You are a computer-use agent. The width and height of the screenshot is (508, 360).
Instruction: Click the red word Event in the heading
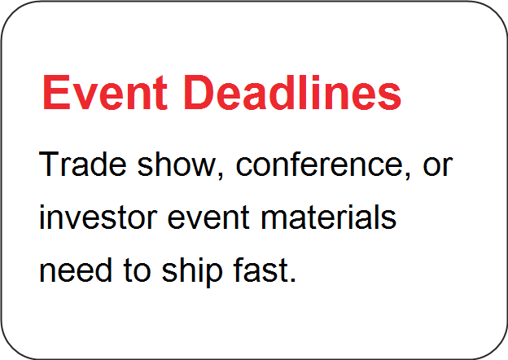tap(105, 92)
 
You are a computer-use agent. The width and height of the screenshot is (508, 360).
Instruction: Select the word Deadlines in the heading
tap(293, 92)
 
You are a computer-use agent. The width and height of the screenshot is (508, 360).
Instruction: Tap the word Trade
tap(82, 164)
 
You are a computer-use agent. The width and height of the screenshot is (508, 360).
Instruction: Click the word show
tap(177, 164)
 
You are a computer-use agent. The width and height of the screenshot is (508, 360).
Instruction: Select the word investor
tap(99, 217)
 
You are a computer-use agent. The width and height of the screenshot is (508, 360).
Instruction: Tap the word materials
tap(328, 217)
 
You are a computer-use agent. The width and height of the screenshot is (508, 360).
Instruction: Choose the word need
tap(76, 270)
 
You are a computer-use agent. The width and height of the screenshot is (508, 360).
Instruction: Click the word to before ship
tap(137, 271)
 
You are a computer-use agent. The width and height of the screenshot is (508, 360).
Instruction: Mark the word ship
tap(192, 271)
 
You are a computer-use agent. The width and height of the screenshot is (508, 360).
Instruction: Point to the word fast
tap(261, 270)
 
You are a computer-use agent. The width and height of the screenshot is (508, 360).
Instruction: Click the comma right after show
tap(221, 175)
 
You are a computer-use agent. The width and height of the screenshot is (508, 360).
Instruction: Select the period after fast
tap(293, 279)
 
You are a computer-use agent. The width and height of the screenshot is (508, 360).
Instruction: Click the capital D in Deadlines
tap(199, 92)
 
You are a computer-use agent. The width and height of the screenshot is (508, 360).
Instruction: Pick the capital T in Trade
tap(50, 164)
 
